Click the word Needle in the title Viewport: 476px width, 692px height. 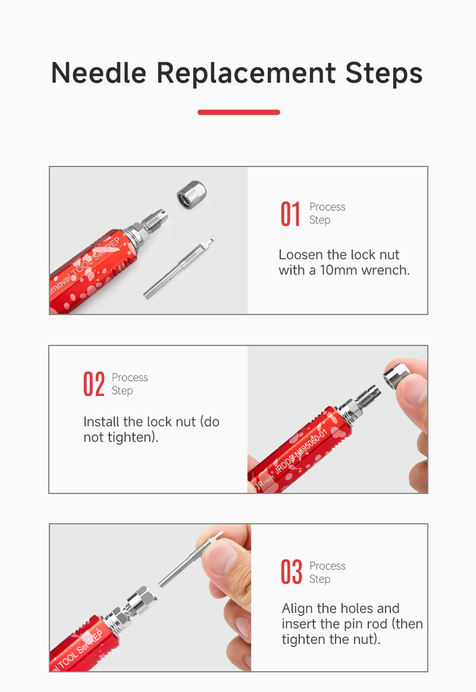tap(99, 73)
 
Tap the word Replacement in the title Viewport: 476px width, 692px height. tap(246, 73)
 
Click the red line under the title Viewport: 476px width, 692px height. tap(239, 112)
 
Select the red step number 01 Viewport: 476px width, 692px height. tap(290, 214)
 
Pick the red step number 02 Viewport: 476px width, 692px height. tap(93, 384)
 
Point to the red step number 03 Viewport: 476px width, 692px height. tap(292, 572)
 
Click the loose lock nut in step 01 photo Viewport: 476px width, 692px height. tap(192, 194)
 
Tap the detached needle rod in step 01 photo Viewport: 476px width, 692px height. tap(180, 267)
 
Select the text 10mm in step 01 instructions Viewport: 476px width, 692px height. tap(339, 270)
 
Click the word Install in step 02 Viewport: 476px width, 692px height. tap(102, 422)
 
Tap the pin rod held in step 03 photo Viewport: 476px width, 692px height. tap(190, 559)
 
